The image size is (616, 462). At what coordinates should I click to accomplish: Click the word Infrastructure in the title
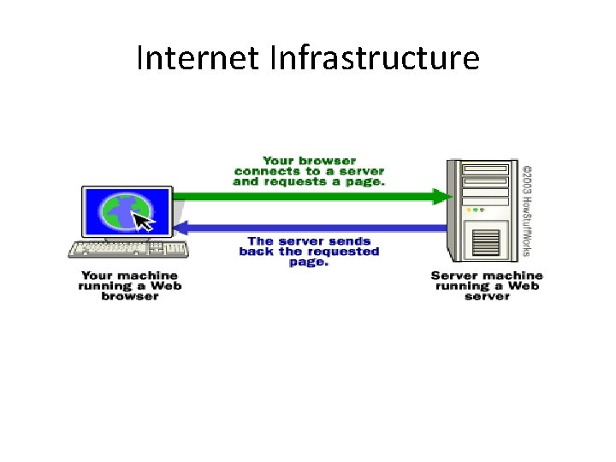click(374, 58)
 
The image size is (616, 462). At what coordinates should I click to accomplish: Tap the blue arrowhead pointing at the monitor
click(181, 228)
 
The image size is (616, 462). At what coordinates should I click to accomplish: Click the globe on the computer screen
click(121, 211)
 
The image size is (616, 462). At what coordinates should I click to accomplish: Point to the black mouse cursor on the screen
click(145, 222)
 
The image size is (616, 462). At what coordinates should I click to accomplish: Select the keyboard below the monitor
click(128, 250)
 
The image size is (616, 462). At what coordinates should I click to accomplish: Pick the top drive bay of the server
click(485, 169)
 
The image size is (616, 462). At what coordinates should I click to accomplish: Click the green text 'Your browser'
click(309, 160)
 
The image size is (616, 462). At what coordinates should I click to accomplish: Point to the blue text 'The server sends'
click(309, 241)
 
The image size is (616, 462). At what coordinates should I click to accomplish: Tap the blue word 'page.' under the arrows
click(308, 262)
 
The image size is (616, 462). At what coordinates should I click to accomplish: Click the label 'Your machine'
click(129, 275)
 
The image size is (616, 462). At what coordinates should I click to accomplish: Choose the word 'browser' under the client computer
click(129, 296)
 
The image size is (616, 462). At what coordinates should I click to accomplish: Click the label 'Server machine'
click(487, 275)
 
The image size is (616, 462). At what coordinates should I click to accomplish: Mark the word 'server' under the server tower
click(487, 296)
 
